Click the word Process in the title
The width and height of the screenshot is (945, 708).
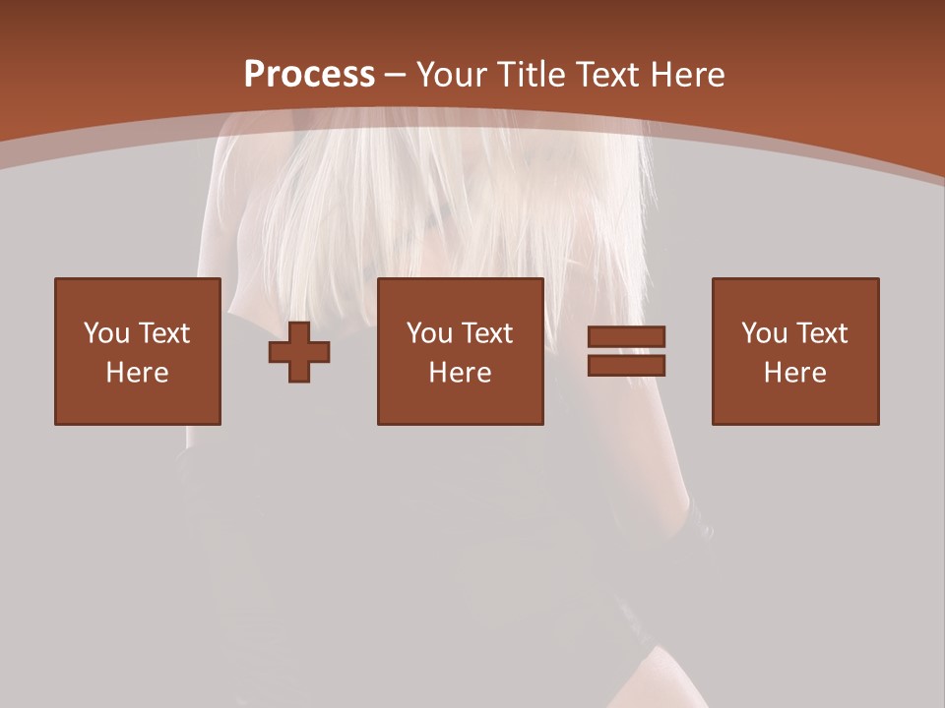(x=309, y=75)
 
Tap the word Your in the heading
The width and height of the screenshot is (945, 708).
(x=452, y=75)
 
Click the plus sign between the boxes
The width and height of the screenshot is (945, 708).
(x=299, y=351)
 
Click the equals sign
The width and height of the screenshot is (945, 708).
(x=626, y=351)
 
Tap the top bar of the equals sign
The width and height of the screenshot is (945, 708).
(x=626, y=336)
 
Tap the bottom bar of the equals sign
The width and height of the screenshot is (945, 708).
(x=626, y=366)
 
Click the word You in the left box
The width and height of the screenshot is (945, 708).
(x=107, y=333)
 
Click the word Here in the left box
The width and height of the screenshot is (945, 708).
(x=138, y=373)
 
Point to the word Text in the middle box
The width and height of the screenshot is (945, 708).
(x=487, y=333)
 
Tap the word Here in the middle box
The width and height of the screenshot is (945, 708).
(x=461, y=373)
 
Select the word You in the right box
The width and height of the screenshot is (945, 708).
(x=765, y=333)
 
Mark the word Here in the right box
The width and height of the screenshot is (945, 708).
(x=795, y=373)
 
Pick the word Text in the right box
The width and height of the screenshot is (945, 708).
(x=822, y=333)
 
